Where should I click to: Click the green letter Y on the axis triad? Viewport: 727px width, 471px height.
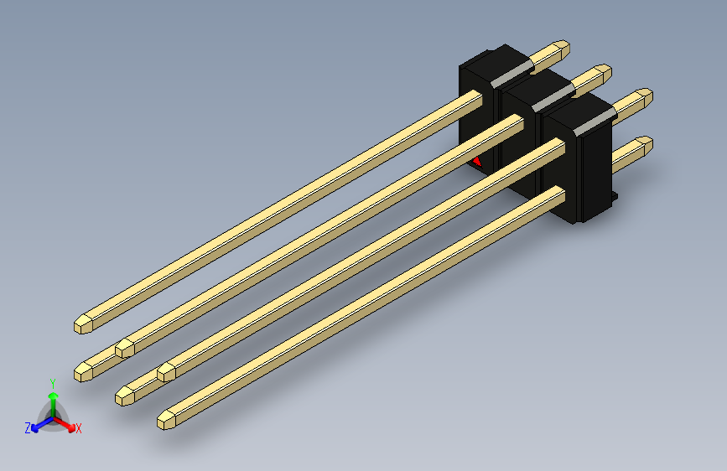coord(52,382)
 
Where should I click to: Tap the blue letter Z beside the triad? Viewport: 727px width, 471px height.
coord(28,427)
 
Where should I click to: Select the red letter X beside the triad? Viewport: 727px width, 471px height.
coord(79,428)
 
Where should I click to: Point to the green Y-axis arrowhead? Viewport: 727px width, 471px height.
coord(53,396)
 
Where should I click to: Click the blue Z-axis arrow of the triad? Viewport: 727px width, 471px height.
coord(40,422)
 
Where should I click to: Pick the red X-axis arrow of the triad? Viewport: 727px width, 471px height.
coord(65,423)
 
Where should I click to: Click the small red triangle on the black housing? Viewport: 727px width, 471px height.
coord(476,161)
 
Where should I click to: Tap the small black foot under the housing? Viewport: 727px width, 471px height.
coord(613,198)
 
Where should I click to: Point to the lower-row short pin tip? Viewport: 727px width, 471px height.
coord(647,144)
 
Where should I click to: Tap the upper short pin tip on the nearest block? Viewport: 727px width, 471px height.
coord(647,96)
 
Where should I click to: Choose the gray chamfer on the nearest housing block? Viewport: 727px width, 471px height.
coord(591,127)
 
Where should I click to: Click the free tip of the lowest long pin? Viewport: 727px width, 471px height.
coord(164,420)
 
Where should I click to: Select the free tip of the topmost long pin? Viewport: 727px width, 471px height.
coord(80,323)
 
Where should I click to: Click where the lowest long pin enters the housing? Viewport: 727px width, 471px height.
coord(559,194)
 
